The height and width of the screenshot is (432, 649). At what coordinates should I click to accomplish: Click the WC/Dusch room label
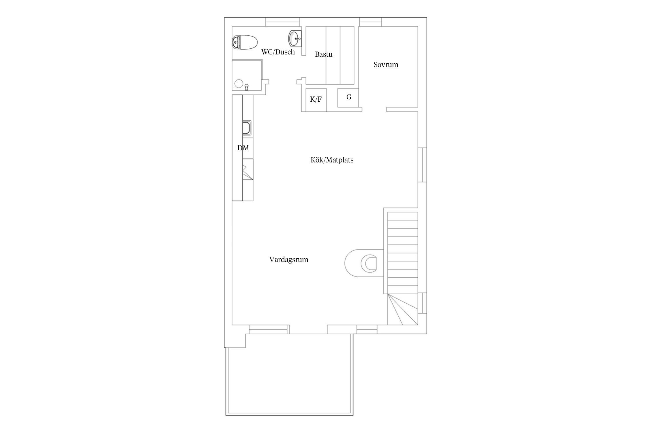click(x=278, y=52)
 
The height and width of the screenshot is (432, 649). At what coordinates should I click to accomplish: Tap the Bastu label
click(x=324, y=54)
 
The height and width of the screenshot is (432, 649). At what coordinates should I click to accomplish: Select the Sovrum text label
click(x=386, y=65)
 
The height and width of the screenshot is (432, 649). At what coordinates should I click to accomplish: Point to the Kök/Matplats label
click(x=332, y=160)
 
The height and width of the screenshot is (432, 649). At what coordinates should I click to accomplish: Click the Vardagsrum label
click(x=289, y=259)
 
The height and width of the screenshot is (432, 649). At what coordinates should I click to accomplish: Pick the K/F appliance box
click(x=316, y=100)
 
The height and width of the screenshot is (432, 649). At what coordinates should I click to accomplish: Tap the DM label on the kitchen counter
click(x=243, y=148)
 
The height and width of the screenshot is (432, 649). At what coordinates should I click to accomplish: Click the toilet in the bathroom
click(x=245, y=42)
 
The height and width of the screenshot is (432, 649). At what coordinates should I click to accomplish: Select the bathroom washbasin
click(x=295, y=38)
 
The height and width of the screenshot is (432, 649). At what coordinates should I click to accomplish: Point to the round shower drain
click(x=239, y=84)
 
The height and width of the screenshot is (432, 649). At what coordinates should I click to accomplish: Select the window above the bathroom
click(x=283, y=22)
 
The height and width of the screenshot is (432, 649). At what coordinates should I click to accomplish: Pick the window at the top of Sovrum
click(x=371, y=22)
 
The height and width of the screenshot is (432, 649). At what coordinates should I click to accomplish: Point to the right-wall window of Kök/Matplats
click(x=422, y=165)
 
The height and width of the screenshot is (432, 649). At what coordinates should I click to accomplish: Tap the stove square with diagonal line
click(x=248, y=172)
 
